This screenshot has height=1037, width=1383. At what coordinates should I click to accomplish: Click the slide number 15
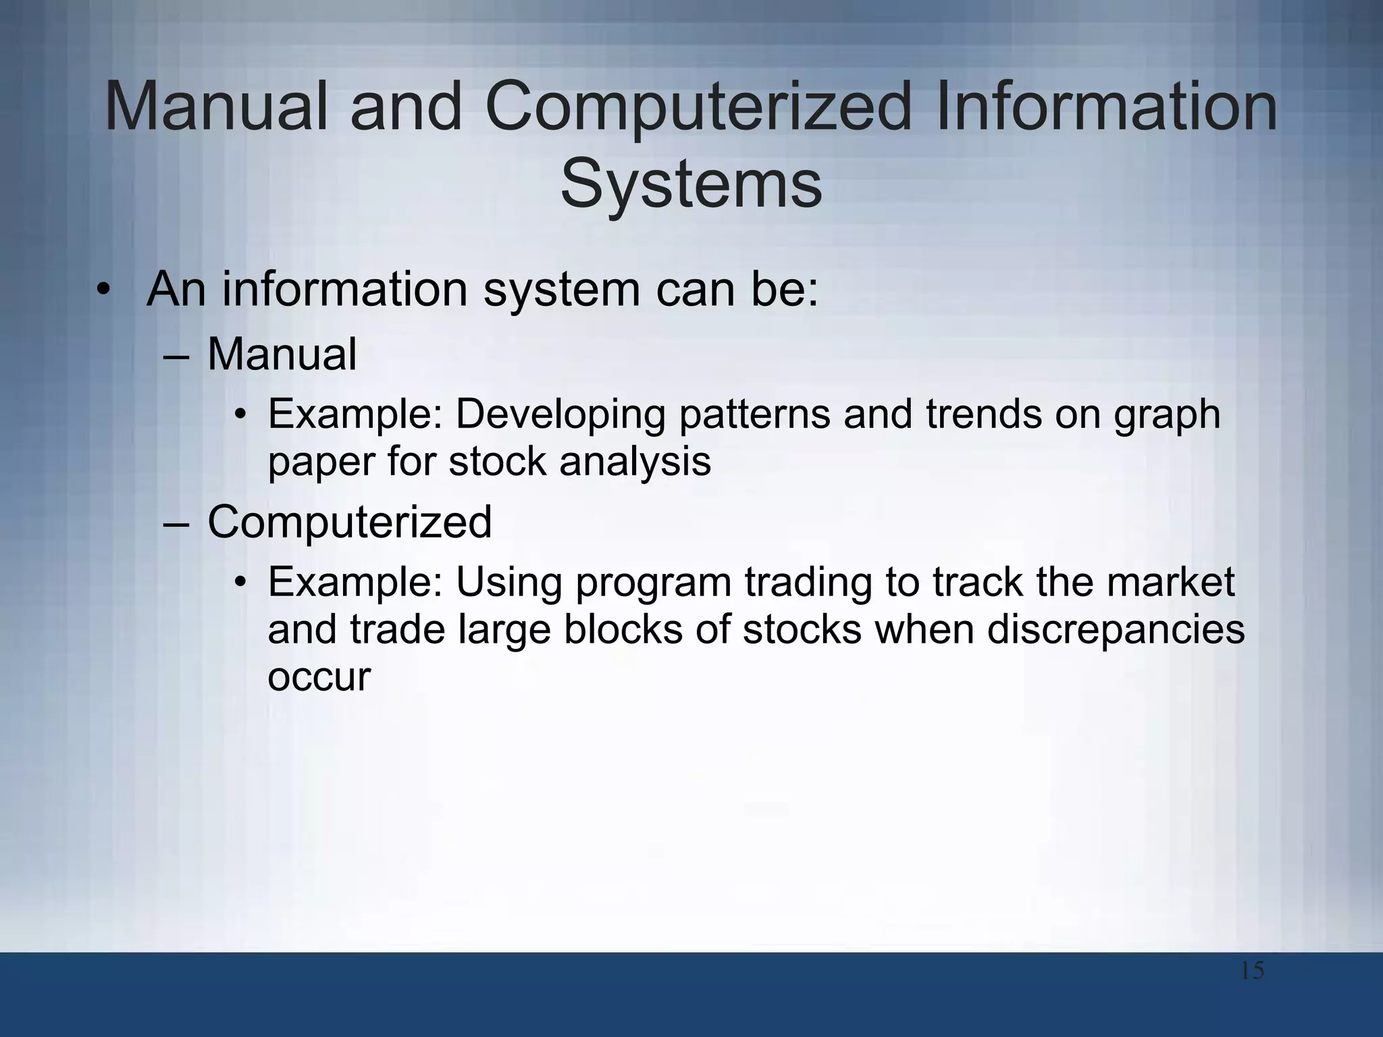tap(1252, 972)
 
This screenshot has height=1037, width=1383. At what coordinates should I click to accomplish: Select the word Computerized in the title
tap(698, 107)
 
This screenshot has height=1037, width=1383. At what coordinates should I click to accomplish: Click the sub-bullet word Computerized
tap(349, 522)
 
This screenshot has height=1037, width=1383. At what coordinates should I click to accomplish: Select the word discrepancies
tap(1116, 629)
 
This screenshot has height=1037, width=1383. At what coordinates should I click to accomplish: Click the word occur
tap(319, 676)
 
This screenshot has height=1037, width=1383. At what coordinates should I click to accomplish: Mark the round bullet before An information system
tap(102, 290)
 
